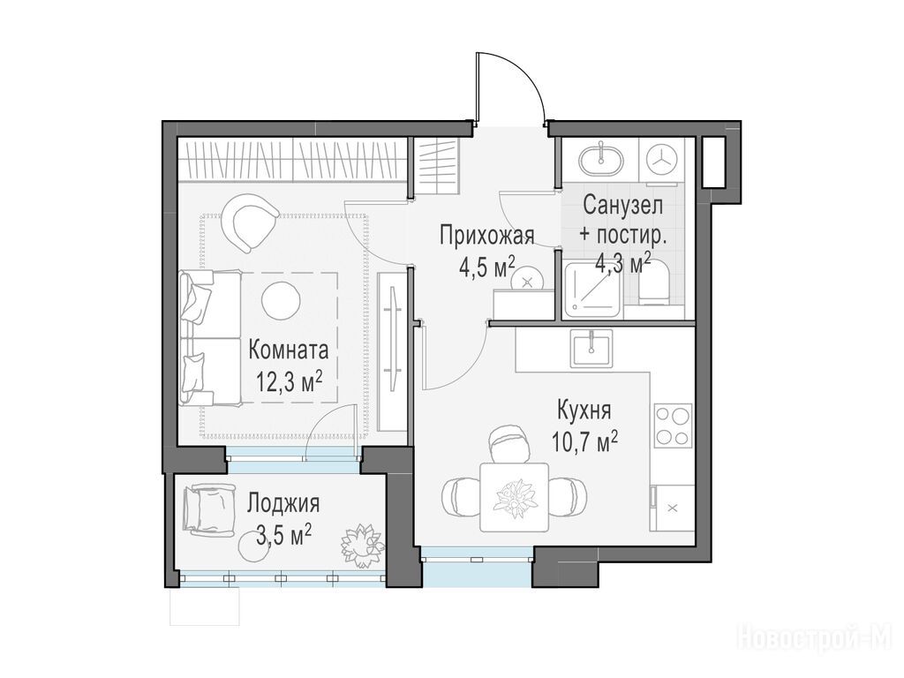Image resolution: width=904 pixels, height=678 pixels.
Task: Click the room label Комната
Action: coord(289,350)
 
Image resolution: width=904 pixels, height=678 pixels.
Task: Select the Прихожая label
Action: coord(487,236)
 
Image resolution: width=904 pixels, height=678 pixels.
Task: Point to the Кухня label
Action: coord(584,411)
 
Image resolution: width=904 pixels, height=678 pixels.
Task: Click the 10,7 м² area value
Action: coord(584,442)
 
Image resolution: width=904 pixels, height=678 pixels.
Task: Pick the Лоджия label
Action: coord(283,504)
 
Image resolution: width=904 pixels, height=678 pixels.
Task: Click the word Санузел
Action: coord(622,205)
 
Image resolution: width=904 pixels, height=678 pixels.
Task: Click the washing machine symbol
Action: coord(661,162)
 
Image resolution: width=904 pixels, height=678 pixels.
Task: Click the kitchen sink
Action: coord(591,349)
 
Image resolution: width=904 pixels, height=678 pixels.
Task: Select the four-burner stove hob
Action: coord(673,426)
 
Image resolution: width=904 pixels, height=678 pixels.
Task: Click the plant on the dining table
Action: coord(515,496)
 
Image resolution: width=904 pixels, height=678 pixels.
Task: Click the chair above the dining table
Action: coord(508,443)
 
